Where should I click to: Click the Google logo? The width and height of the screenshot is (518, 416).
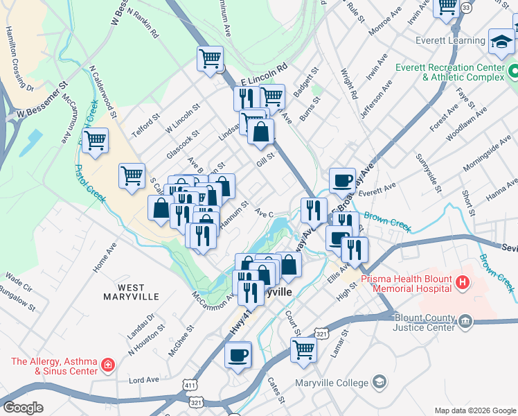[x=23, y=408]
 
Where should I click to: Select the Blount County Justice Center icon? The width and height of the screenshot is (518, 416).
[x=465, y=320]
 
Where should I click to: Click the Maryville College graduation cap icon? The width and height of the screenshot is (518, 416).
[x=379, y=382]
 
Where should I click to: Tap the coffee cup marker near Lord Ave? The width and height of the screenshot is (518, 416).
[x=238, y=355]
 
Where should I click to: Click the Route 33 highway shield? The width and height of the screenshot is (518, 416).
[x=467, y=7]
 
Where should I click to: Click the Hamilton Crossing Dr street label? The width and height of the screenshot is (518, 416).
[x=19, y=58]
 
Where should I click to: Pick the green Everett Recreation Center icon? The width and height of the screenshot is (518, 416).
[x=512, y=71]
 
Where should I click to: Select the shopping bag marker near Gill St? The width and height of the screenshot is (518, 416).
[x=261, y=132]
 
